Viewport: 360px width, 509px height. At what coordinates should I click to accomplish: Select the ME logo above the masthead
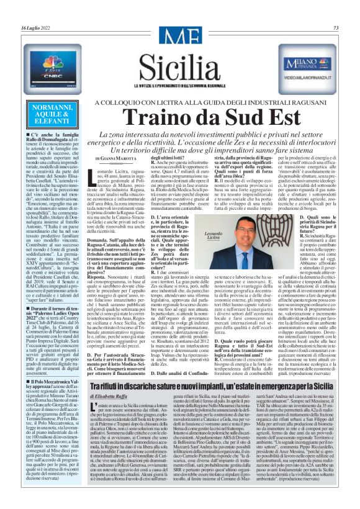click(179, 42)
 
